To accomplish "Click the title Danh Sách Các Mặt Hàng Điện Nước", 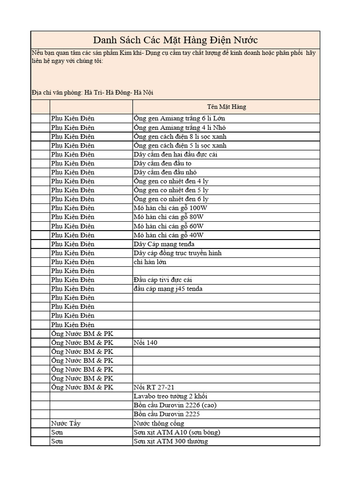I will click(x=175, y=40).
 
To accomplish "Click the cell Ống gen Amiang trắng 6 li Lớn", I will click(x=179, y=118).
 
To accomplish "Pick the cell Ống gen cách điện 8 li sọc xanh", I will click(x=180, y=136).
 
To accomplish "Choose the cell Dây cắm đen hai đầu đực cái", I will click(x=175, y=154).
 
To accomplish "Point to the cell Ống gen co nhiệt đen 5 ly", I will click(x=171, y=190).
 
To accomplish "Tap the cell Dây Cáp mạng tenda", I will click(x=164, y=244).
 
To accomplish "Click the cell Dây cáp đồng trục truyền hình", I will click(x=178, y=253).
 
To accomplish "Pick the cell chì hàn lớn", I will click(x=150, y=262).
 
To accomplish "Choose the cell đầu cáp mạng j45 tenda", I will click(x=168, y=289).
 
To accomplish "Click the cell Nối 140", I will click(x=145, y=343).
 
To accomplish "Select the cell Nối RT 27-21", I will click(x=154, y=387).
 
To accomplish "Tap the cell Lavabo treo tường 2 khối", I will click(x=171, y=396).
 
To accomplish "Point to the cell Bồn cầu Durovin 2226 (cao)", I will click(x=175, y=405).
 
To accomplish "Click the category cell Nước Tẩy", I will click(x=66, y=423).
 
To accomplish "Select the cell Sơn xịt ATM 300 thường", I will click(x=171, y=441).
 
